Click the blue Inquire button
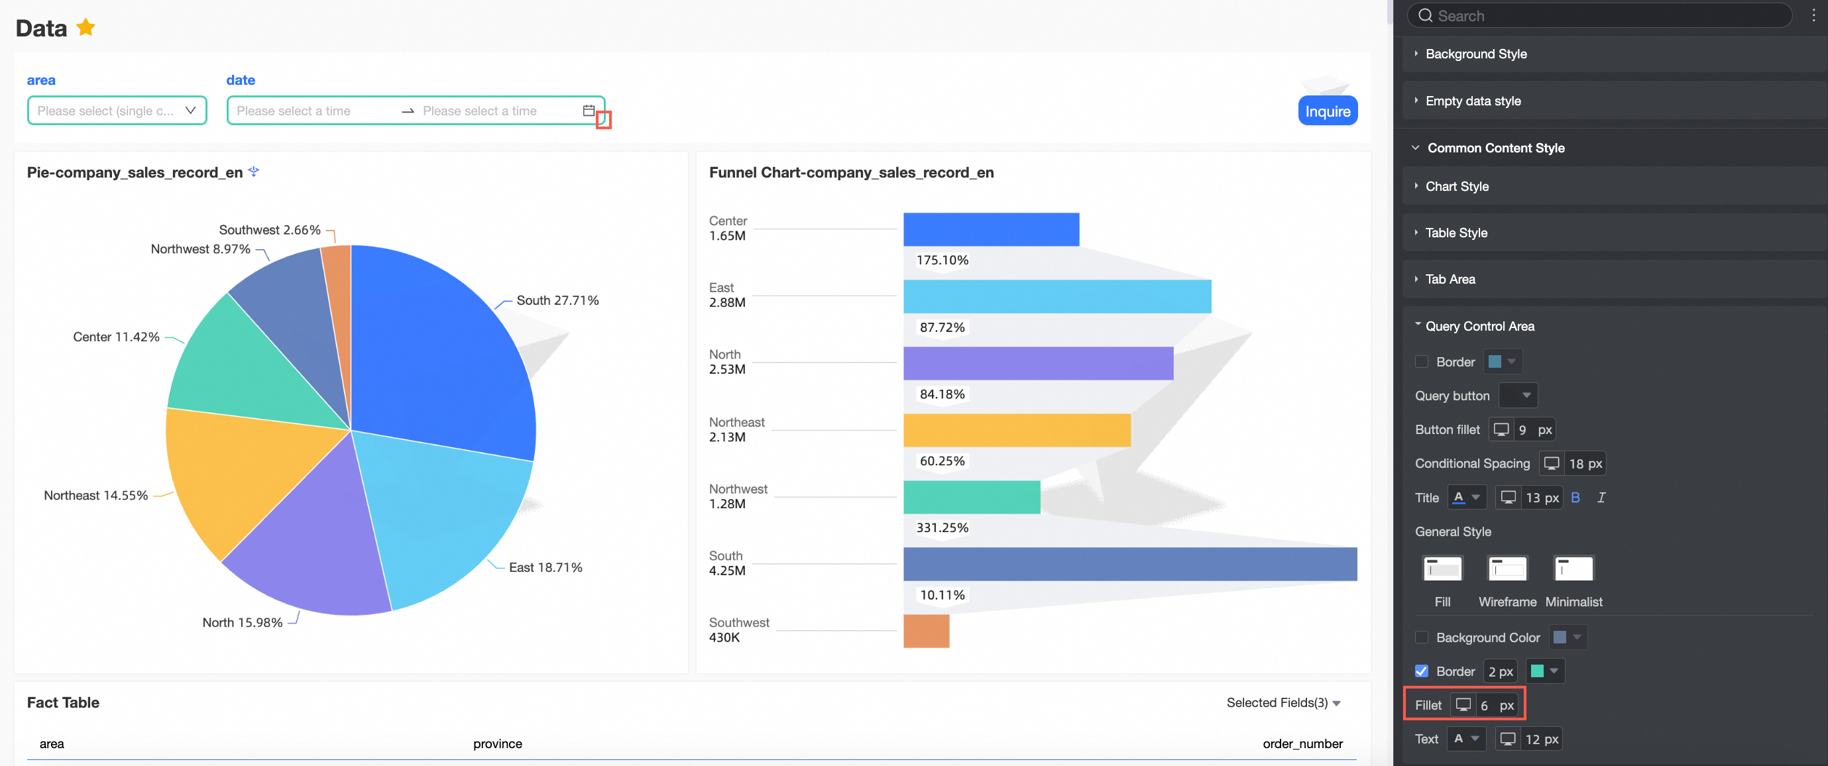pyautogui.click(x=1327, y=111)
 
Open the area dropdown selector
pyautogui.click(x=117, y=111)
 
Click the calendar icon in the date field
pyautogui.click(x=589, y=111)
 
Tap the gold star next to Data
pyautogui.click(x=86, y=28)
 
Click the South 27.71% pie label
pyautogui.click(x=557, y=301)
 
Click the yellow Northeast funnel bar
pyautogui.click(x=1016, y=431)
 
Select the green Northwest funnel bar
pyautogui.click(x=971, y=497)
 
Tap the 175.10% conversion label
pyautogui.click(x=942, y=260)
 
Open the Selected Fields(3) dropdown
pyautogui.click(x=1283, y=703)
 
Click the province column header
pyautogui.click(x=498, y=744)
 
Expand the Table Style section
pyautogui.click(x=1456, y=233)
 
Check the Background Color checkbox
pyautogui.click(x=1422, y=637)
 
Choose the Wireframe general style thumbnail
pyautogui.click(x=1507, y=569)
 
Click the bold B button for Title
pyautogui.click(x=1575, y=498)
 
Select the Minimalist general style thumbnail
pyautogui.click(x=1573, y=569)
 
